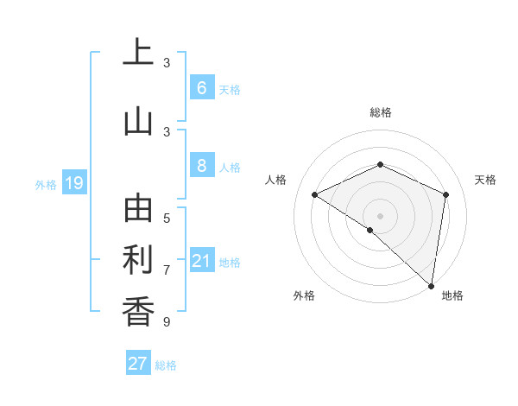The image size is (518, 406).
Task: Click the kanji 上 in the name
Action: [x=138, y=53]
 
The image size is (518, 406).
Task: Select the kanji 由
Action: [x=138, y=208]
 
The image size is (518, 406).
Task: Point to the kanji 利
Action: [x=138, y=260]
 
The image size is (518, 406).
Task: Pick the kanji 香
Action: [x=138, y=312]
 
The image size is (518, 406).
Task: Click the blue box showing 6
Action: [x=201, y=87]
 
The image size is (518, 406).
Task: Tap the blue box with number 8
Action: [x=201, y=166]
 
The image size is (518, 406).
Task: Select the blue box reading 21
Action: [x=201, y=261]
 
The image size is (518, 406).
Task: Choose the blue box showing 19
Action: [x=73, y=183]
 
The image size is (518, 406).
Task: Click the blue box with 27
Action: [x=138, y=364]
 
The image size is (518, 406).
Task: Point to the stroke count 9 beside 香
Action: [x=167, y=322]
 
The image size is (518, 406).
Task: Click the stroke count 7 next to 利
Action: [x=167, y=270]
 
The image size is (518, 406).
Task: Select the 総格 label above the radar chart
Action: [x=380, y=112]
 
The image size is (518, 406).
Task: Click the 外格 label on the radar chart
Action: [x=303, y=295]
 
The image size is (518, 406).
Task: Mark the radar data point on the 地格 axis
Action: [x=431, y=285]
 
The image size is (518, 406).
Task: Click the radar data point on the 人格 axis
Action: [x=315, y=195]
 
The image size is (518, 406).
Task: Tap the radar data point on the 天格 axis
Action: [x=445, y=194]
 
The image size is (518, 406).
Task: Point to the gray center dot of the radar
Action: [x=380, y=215]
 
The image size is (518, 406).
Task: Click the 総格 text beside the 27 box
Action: [x=166, y=365]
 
